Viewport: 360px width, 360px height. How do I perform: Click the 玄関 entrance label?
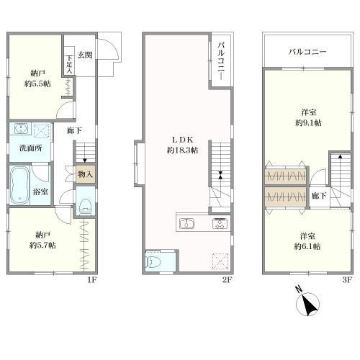(85, 55)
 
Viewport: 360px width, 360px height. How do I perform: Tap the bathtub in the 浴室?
(19, 185)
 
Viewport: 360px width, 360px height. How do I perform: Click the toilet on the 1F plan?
(86, 206)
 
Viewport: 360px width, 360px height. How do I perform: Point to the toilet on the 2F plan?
(153, 261)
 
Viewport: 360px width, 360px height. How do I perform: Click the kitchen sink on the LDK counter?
(187, 224)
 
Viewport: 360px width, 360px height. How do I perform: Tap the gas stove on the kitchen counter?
(220, 224)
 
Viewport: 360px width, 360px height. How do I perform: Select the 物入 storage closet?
(86, 174)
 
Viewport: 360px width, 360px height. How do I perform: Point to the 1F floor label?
(92, 280)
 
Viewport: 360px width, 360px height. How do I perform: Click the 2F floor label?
(228, 280)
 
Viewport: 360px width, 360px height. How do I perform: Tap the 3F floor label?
(347, 280)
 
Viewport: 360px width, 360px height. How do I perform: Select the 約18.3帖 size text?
(183, 150)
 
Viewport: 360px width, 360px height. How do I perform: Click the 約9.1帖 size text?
(309, 123)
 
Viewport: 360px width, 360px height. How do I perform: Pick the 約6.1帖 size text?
(307, 246)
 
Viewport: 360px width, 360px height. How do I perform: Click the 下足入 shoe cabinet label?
(69, 64)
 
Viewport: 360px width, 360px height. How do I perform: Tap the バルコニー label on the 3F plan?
(307, 52)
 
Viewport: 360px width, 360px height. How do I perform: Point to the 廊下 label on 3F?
(319, 196)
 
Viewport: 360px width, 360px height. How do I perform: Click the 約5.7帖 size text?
(42, 246)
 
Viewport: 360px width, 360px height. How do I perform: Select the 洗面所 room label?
(31, 148)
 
